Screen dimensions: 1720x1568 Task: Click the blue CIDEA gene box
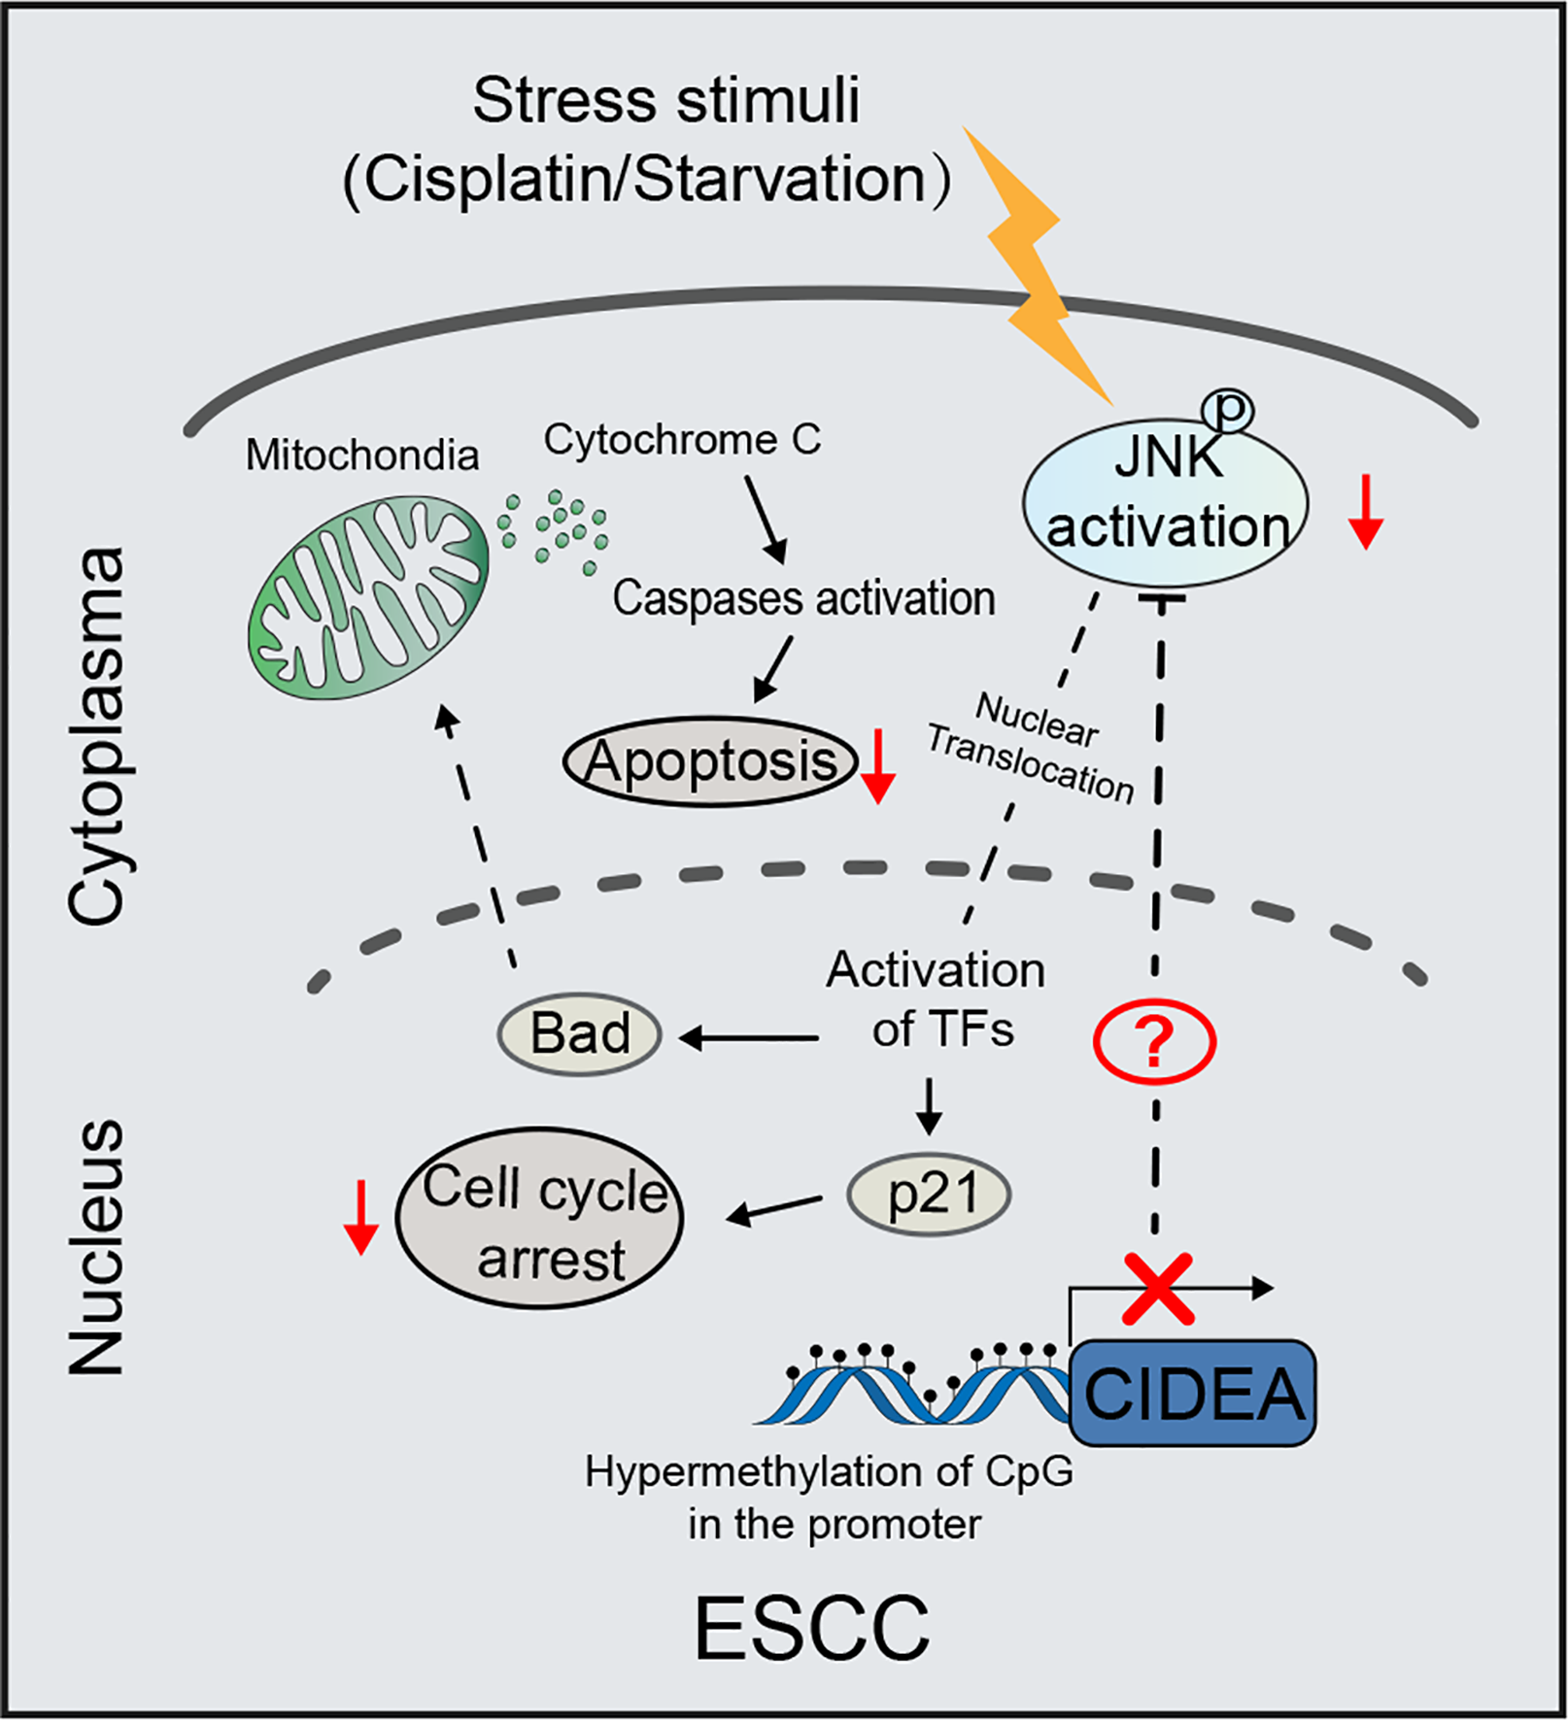(x=1192, y=1394)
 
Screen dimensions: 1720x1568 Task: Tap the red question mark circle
(x=1154, y=1043)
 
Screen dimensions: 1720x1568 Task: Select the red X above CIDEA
(x=1157, y=1289)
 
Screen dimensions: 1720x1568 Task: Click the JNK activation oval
(x=1165, y=505)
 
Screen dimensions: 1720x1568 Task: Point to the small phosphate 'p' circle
(x=1228, y=410)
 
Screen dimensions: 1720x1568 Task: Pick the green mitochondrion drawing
(x=367, y=596)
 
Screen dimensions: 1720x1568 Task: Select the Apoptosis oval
(x=710, y=762)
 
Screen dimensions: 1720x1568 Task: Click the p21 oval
(x=929, y=1194)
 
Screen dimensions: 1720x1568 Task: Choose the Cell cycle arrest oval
(x=540, y=1218)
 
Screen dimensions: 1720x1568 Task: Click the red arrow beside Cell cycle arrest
(x=360, y=1218)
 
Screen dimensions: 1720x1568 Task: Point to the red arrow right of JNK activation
(x=1365, y=512)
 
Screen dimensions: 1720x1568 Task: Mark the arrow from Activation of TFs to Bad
(x=748, y=1038)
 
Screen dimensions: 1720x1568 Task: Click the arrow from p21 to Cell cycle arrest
(x=773, y=1210)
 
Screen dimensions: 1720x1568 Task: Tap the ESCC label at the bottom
(x=812, y=1628)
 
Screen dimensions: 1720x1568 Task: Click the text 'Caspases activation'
(x=803, y=598)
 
